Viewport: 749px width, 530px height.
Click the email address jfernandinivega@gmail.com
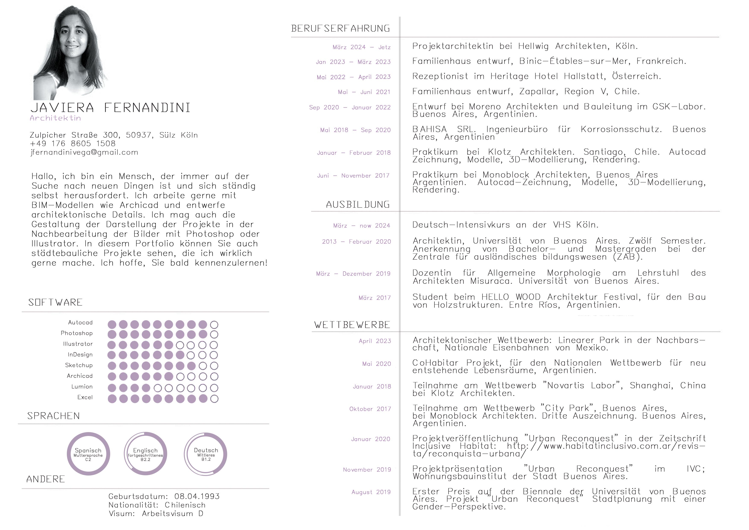click(84, 153)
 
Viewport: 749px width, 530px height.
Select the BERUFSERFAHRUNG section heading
click(340, 29)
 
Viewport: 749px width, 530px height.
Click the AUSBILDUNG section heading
click(358, 205)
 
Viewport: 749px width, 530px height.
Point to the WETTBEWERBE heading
click(352, 325)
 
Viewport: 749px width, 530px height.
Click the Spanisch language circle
click(88, 454)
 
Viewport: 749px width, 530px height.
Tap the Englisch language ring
click(145, 454)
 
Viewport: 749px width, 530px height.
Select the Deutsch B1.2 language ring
click(206, 454)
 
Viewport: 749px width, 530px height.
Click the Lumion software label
click(82, 387)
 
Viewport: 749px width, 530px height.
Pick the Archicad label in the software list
click(80, 376)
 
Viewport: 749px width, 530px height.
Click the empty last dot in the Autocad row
click(214, 325)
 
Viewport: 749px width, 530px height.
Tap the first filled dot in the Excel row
click(112, 399)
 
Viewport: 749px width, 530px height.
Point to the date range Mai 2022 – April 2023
click(353, 77)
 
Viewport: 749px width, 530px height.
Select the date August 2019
click(371, 492)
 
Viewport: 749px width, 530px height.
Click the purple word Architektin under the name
click(55, 118)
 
